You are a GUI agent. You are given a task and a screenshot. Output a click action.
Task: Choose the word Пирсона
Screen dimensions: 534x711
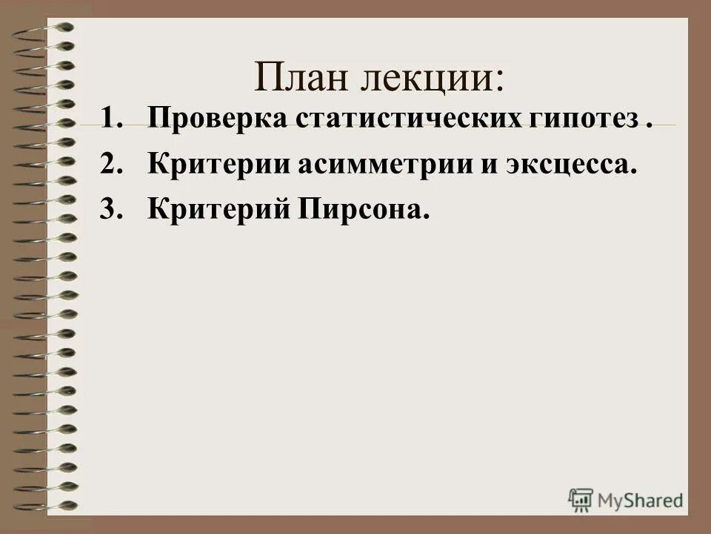coord(364,210)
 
